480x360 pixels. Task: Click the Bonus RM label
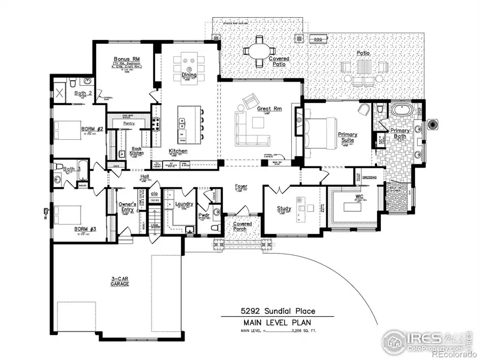click(x=127, y=59)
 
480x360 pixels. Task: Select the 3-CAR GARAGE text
click(x=120, y=281)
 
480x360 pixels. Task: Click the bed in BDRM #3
click(x=66, y=215)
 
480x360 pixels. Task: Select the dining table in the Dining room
click(x=189, y=60)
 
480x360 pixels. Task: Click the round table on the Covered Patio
click(x=259, y=51)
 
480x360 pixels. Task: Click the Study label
click(x=283, y=209)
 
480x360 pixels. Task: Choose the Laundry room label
click(x=183, y=204)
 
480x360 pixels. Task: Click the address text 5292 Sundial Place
click(x=277, y=310)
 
